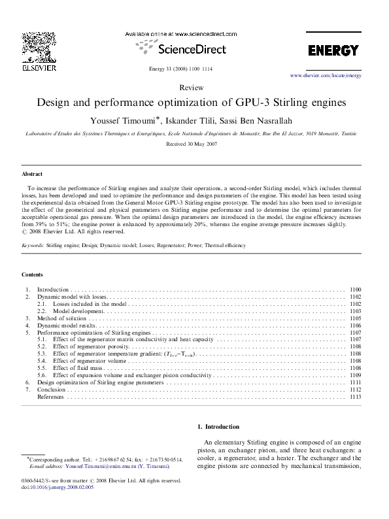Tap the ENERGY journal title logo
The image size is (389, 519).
[333, 51]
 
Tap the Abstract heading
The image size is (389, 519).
[32, 175]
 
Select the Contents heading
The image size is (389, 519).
[33, 275]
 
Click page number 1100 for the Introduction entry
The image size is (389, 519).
[355, 289]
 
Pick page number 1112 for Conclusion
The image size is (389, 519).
[355, 390]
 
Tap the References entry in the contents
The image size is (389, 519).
[50, 397]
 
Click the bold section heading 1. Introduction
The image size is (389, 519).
[218, 427]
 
